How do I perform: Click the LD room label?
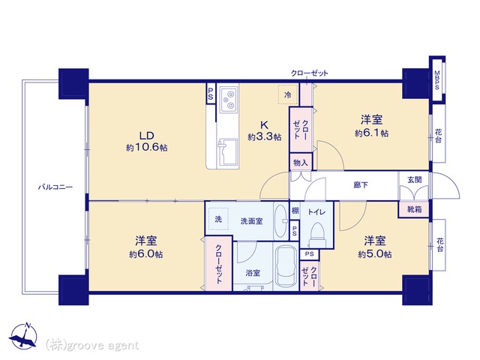tap(147, 135)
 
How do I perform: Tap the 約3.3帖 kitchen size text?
tap(265, 136)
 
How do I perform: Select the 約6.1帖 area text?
tap(372, 133)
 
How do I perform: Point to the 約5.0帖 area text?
tap(375, 254)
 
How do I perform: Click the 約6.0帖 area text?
tap(146, 254)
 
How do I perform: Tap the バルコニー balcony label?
tap(55, 187)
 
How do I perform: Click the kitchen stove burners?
tap(229, 99)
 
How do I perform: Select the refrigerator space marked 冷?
tap(288, 95)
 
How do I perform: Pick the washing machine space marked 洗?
tap(218, 219)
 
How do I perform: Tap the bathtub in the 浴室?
tap(286, 266)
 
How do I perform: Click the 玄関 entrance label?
tap(415, 180)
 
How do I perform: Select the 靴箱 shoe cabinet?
tap(414, 210)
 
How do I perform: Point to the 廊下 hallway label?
tap(361, 185)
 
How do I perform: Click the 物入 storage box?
tap(301, 163)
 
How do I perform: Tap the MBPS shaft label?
tap(436, 80)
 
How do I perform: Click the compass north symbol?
tap(23, 336)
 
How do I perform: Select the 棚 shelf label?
tap(295, 211)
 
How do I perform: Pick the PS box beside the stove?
tap(211, 94)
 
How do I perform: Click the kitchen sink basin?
tap(229, 152)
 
